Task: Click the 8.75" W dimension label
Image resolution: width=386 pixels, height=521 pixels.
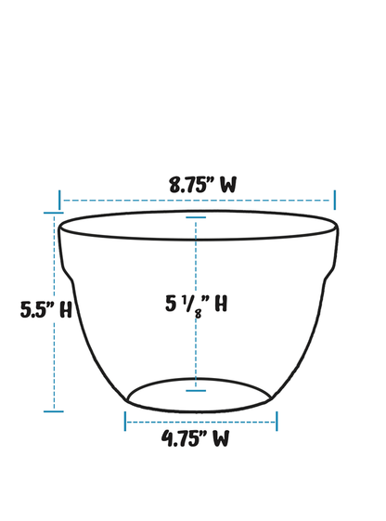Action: (x=201, y=184)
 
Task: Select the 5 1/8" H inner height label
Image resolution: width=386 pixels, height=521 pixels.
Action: (x=196, y=304)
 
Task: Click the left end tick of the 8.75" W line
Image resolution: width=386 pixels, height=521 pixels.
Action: (x=60, y=200)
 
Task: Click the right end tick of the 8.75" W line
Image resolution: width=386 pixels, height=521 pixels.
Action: (x=334, y=200)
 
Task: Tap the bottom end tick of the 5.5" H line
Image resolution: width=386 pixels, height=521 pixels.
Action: (x=54, y=410)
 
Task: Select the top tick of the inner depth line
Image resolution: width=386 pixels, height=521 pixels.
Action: (x=196, y=217)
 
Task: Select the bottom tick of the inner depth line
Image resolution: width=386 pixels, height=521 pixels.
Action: (x=196, y=390)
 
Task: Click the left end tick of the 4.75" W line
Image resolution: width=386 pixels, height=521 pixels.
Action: (x=125, y=421)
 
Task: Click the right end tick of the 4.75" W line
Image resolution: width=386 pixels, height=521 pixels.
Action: (x=276, y=421)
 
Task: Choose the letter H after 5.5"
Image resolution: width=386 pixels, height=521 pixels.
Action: (x=65, y=310)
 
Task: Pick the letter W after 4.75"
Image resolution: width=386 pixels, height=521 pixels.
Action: (x=219, y=439)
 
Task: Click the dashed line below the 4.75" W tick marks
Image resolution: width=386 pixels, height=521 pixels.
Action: (x=200, y=422)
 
